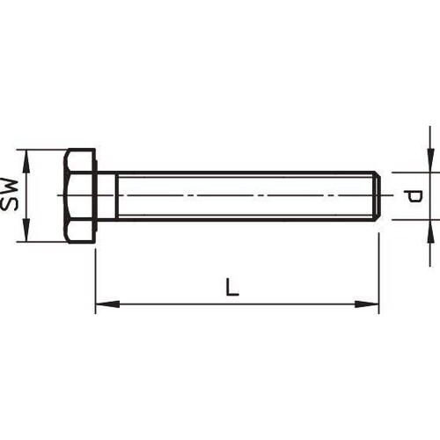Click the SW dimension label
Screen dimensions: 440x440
tap(9, 194)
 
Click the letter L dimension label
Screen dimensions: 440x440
tap(232, 287)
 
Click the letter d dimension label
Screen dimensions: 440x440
tap(413, 196)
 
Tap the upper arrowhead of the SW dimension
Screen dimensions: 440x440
tap(26, 161)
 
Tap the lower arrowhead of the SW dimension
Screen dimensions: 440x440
tap(26, 231)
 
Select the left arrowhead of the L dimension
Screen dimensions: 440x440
tap(107, 304)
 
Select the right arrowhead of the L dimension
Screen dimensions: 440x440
tap(367, 304)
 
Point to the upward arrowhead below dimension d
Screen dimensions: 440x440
tap(430, 231)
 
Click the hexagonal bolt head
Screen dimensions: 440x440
tap(80, 195)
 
